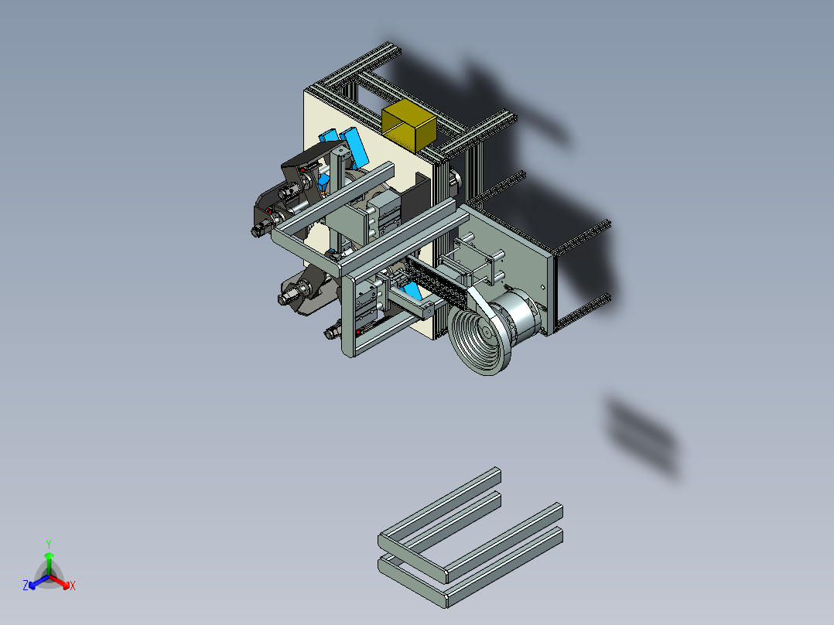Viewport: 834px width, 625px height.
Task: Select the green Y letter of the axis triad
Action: coord(49,543)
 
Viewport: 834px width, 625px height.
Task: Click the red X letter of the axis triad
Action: coord(73,586)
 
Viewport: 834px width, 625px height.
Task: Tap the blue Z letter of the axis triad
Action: coord(26,586)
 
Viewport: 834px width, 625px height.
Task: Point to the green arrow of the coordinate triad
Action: coord(49,560)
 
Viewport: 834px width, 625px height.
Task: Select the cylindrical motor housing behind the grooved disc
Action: coord(523,318)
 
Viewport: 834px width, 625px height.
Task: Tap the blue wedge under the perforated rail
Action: coord(412,292)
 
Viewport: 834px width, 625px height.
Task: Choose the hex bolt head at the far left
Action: coord(257,230)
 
